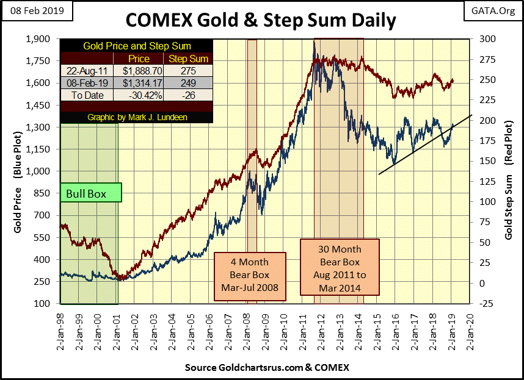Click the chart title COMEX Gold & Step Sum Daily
pos(261,20)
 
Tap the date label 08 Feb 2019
pos(37,11)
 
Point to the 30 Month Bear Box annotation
pos(340,267)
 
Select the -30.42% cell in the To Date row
pos(140,95)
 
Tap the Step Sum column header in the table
pos(188,59)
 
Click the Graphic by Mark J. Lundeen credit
pos(136,117)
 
